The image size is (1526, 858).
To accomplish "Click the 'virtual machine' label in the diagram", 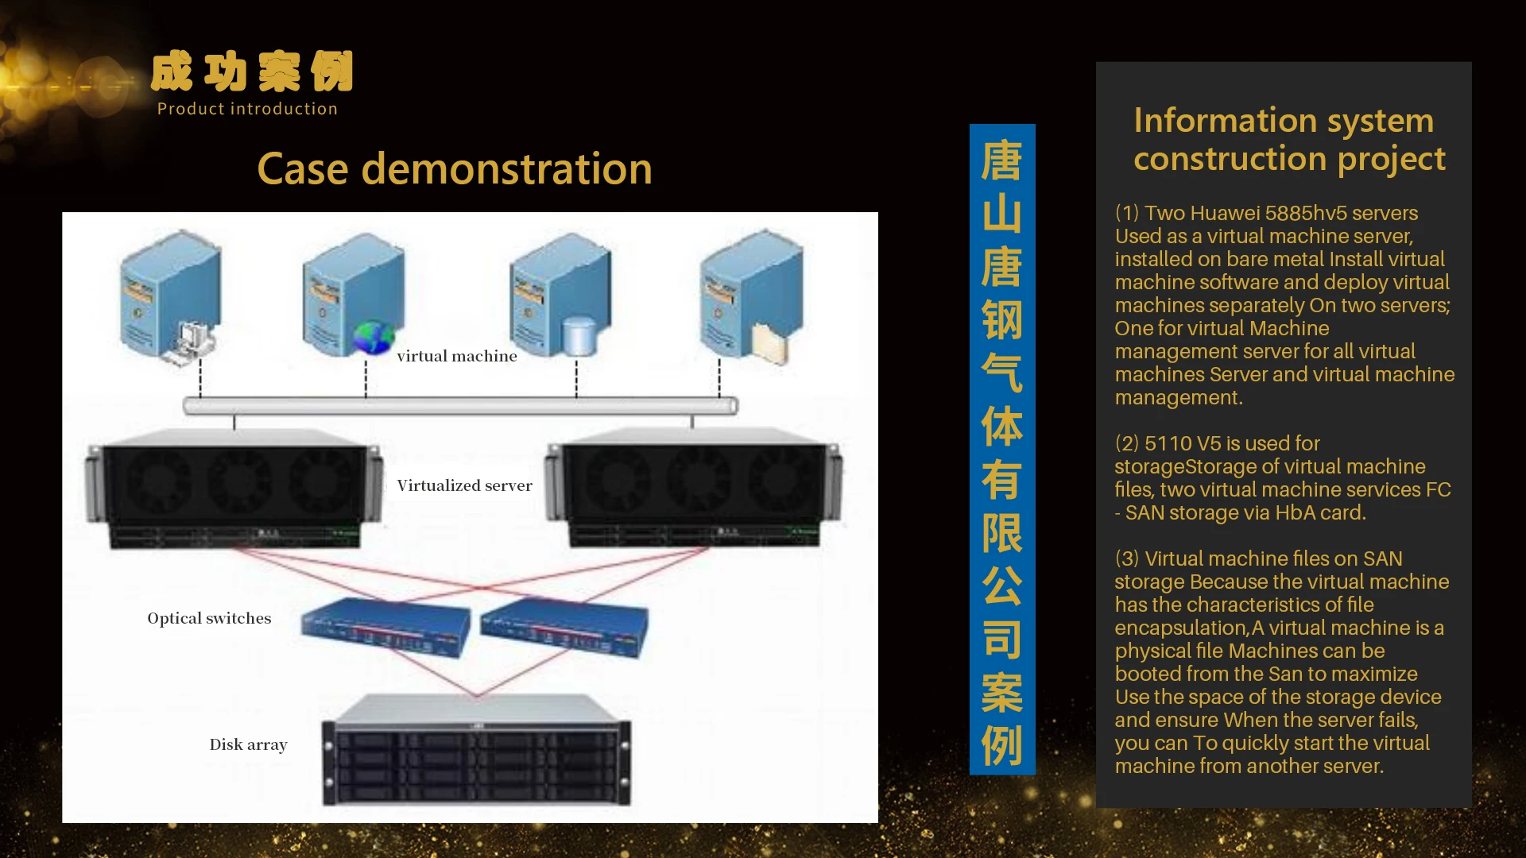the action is point(456,356).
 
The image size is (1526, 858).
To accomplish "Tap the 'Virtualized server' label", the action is point(464,485).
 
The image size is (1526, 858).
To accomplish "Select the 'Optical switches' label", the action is point(209,618).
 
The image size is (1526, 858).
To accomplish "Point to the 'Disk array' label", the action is point(248,744).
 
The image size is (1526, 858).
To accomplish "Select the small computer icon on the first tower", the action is point(192,342).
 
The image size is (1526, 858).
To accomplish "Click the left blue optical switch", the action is point(385,628).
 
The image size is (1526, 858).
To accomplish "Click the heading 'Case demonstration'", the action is point(455,169).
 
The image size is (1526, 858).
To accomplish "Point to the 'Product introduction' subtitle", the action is point(247,109).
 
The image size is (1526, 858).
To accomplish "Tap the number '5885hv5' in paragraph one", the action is point(1301,213).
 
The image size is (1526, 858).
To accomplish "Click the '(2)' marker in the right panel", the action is point(1127,443).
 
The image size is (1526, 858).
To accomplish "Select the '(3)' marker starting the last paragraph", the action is point(1127,558).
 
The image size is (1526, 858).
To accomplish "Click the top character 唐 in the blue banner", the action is point(1001,160).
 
